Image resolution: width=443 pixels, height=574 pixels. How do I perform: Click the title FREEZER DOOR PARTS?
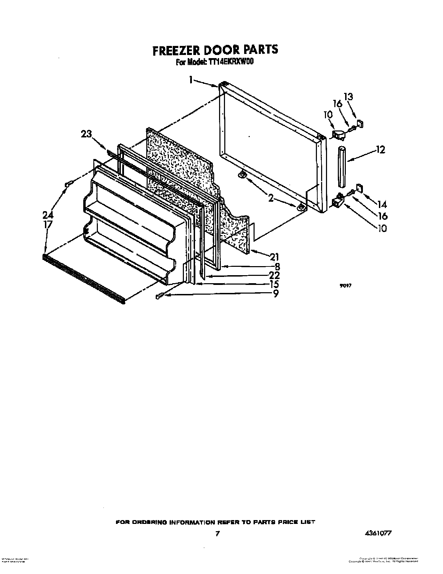coord(215,50)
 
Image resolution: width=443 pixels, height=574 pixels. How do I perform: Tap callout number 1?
coord(191,80)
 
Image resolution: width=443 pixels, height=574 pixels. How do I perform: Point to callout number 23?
coord(87,134)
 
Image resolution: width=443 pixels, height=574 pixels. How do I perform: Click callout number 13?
coord(348,97)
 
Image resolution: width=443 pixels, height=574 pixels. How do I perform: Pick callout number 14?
coord(382,204)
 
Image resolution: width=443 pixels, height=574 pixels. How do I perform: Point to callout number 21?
coord(274,257)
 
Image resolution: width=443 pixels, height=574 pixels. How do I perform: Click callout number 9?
coord(276,294)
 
